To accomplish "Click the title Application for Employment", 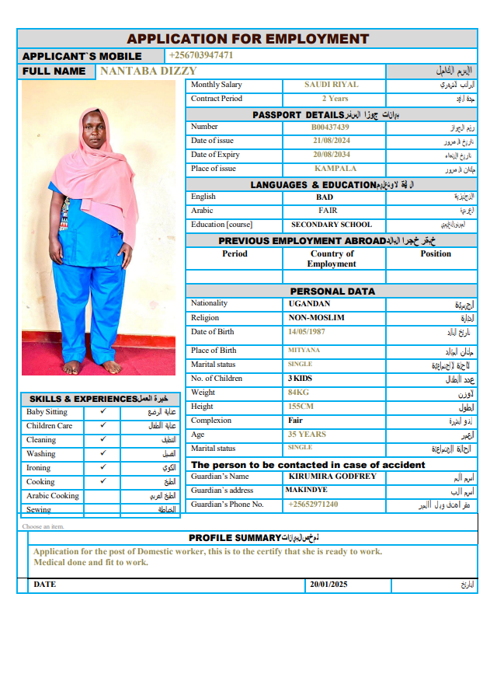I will tap(248, 39).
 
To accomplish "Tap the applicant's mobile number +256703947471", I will tap(201, 55).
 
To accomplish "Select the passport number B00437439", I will tap(330, 127).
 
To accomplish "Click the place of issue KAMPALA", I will tap(335, 169).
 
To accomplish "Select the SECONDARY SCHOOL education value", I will tap(332, 225).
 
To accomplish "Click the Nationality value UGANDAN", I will tap(309, 304).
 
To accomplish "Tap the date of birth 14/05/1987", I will tap(308, 332).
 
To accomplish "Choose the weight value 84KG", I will tap(298, 393).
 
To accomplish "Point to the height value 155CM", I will tap(301, 407).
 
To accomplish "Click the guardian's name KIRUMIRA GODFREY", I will tap(332, 477).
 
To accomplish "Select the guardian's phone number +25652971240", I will tap(313, 505).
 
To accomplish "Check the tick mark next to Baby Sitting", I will tap(103, 411).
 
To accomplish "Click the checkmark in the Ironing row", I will tap(103, 467).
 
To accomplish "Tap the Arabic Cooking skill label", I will tap(53, 496).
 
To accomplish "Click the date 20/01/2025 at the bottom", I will tap(328, 585).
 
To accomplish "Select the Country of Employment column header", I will tap(332, 259).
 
